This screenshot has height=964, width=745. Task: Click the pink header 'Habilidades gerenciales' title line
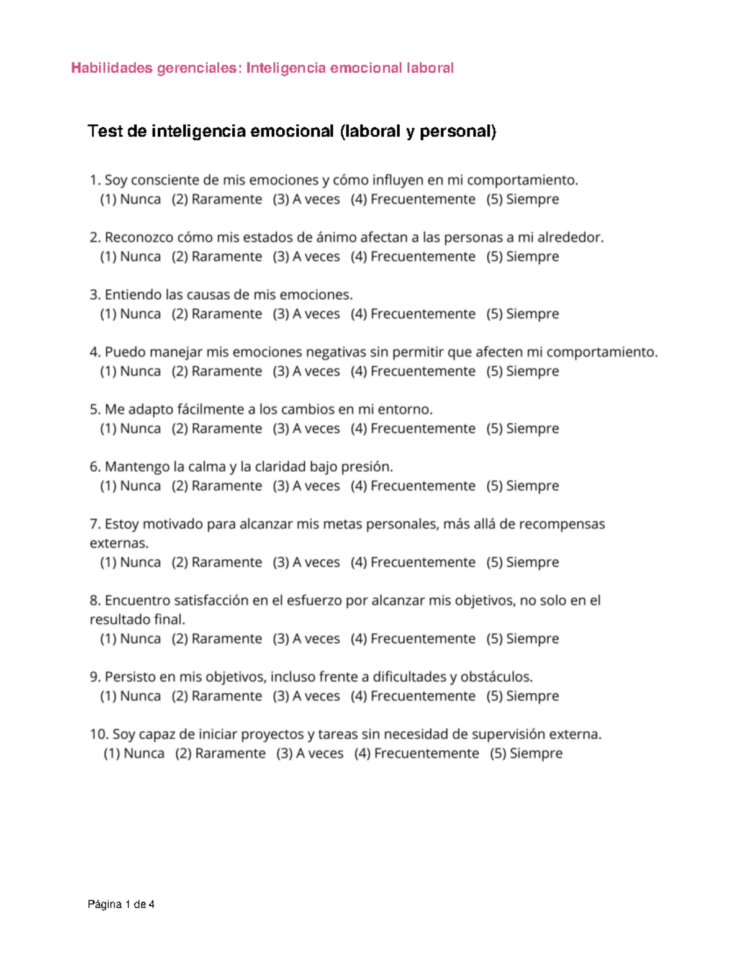click(262, 68)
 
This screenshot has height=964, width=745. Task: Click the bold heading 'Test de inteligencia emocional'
click(292, 132)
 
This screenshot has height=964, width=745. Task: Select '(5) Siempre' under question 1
click(522, 199)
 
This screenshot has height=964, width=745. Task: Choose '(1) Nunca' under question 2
click(130, 256)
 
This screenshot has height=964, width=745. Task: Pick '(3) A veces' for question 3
click(306, 314)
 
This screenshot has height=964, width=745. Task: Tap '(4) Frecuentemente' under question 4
click(413, 371)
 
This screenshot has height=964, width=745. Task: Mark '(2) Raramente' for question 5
click(217, 428)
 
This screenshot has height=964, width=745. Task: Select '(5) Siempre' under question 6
click(522, 486)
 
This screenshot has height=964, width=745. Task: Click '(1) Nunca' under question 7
click(130, 562)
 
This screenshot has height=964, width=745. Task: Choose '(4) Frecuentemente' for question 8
click(413, 639)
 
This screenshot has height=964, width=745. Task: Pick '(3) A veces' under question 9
click(306, 696)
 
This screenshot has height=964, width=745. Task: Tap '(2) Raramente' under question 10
click(220, 754)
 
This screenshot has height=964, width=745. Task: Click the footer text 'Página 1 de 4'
click(121, 904)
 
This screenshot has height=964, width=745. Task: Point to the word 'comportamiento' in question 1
click(521, 181)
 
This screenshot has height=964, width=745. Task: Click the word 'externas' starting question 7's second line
click(119, 543)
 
